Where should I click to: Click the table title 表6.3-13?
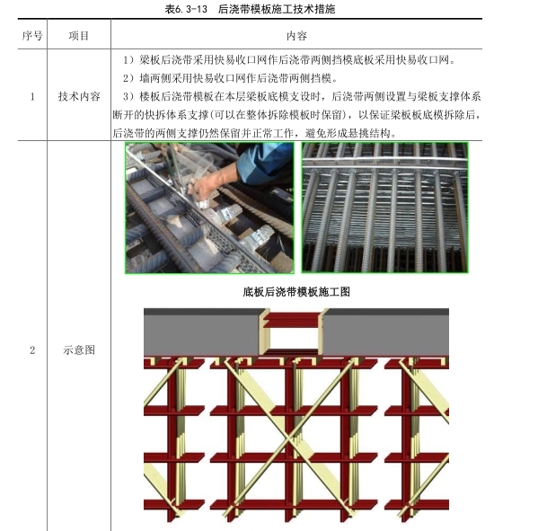[x=186, y=9]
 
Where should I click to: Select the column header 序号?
[x=32, y=35]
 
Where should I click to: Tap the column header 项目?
[x=78, y=35]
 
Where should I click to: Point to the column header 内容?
[x=296, y=35]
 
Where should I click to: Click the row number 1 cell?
[x=32, y=96]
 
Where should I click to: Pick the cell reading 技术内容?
[x=79, y=96]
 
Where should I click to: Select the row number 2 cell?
[x=32, y=350]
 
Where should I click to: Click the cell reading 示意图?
[x=79, y=350]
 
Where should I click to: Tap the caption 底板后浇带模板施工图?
[x=296, y=292]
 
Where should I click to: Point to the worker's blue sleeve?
[x=264, y=163]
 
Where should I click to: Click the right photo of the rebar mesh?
[x=384, y=208]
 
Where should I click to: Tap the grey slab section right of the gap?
[x=386, y=332]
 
